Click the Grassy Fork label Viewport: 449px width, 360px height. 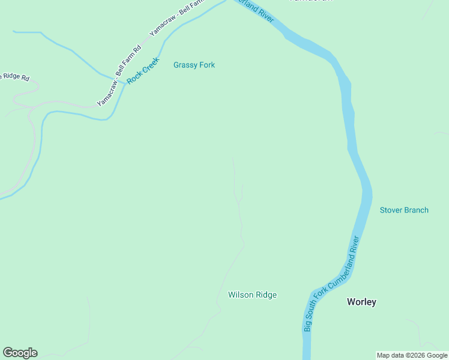click(194, 65)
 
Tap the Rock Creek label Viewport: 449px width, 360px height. click(143, 71)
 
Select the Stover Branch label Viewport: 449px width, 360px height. click(404, 210)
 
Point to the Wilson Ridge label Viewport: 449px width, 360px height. click(252, 295)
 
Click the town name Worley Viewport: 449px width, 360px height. click(361, 302)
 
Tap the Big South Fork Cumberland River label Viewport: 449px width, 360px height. click(332, 284)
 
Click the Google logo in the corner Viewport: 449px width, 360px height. click(20, 353)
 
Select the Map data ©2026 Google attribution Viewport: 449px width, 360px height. click(412, 355)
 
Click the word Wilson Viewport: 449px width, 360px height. click(240, 295)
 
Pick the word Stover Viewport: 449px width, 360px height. click(391, 210)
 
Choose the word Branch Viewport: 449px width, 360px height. click(417, 210)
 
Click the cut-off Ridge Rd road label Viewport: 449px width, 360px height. click(14, 77)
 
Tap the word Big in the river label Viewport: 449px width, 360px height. click(307, 325)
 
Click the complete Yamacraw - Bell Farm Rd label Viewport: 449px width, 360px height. click(119, 76)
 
